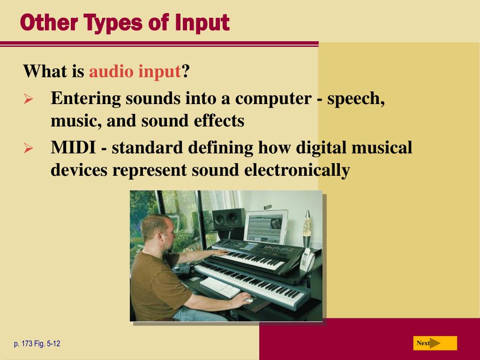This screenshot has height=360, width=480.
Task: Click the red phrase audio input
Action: coord(135,72)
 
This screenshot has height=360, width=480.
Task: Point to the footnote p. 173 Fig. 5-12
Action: coord(37,344)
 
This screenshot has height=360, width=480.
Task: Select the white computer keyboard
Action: coord(220,286)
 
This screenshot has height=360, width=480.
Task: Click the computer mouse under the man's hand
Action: coord(247,300)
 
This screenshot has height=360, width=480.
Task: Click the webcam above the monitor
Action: coord(268,206)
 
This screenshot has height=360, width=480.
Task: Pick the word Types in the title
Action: coord(99,22)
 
